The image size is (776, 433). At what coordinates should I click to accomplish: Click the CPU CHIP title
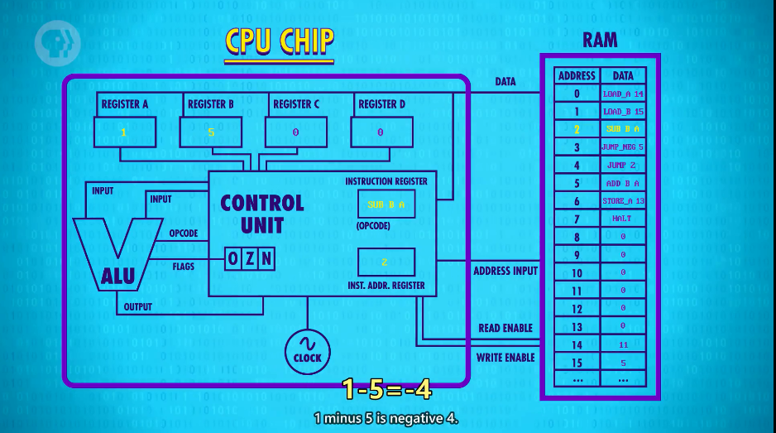(x=280, y=41)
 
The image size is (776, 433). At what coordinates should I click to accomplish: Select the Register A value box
(x=124, y=132)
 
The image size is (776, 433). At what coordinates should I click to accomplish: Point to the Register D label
(x=381, y=104)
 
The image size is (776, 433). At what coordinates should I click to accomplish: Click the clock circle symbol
(x=308, y=350)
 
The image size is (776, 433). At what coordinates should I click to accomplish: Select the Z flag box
(x=251, y=260)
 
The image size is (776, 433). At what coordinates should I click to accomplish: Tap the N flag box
(x=266, y=260)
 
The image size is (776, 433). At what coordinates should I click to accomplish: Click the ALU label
(x=117, y=277)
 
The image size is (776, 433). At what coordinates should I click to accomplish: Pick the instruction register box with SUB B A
(x=386, y=204)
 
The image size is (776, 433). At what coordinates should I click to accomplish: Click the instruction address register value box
(x=386, y=262)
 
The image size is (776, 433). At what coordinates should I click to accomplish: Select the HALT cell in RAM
(x=622, y=219)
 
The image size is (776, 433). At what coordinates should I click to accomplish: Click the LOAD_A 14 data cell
(x=622, y=94)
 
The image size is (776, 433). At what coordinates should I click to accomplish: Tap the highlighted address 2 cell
(x=577, y=129)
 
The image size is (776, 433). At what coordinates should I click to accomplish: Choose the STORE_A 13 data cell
(x=622, y=201)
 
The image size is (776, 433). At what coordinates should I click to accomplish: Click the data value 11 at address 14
(x=622, y=344)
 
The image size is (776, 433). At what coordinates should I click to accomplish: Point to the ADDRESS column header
(x=577, y=75)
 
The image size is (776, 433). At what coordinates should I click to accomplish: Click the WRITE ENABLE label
(x=505, y=358)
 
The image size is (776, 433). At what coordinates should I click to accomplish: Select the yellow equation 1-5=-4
(x=388, y=388)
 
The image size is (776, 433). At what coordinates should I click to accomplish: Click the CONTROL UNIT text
(x=261, y=214)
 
